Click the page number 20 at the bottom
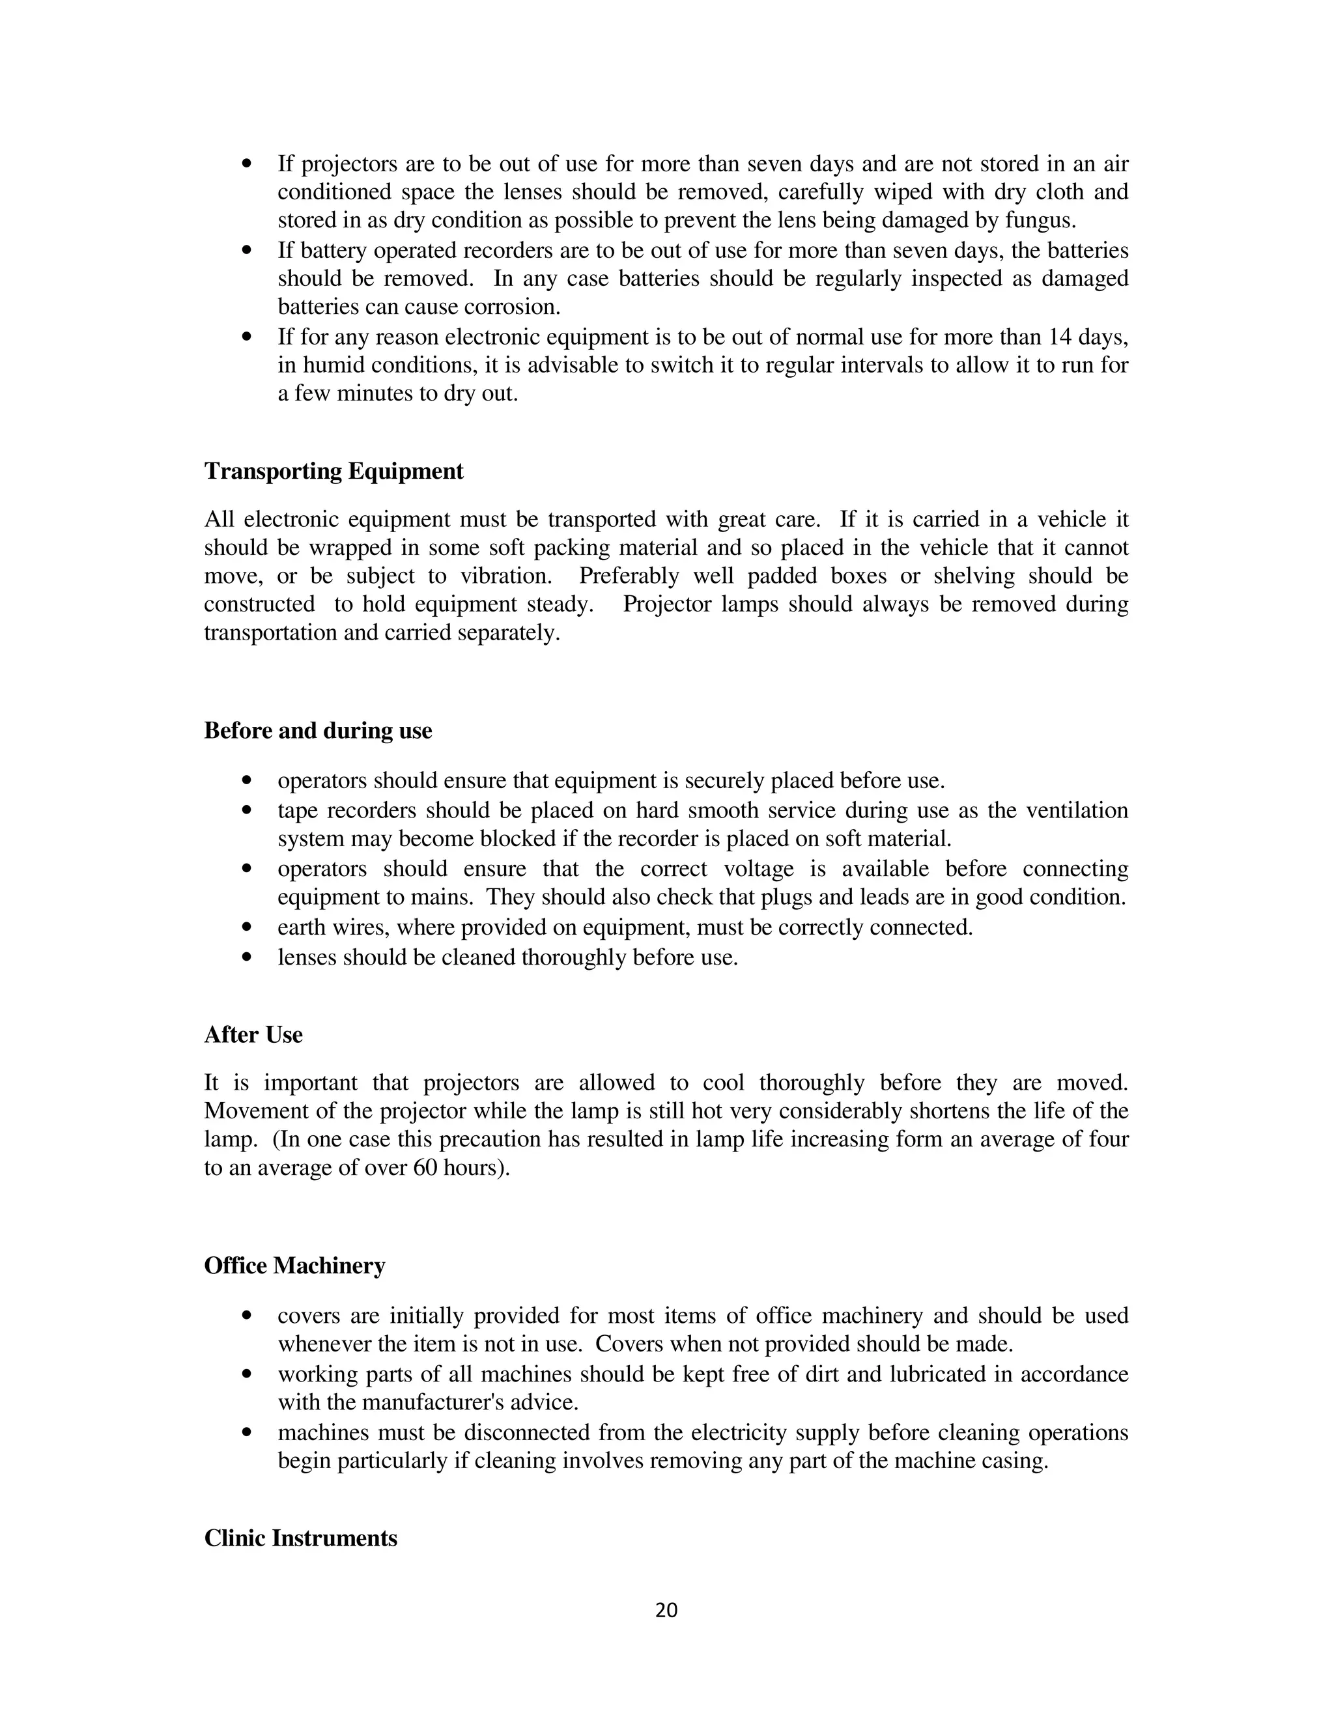666,1610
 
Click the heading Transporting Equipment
333,471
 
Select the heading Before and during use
318,730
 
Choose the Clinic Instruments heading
300,1538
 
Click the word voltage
759,868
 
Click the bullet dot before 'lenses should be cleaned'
248,957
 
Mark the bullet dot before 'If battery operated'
248,251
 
